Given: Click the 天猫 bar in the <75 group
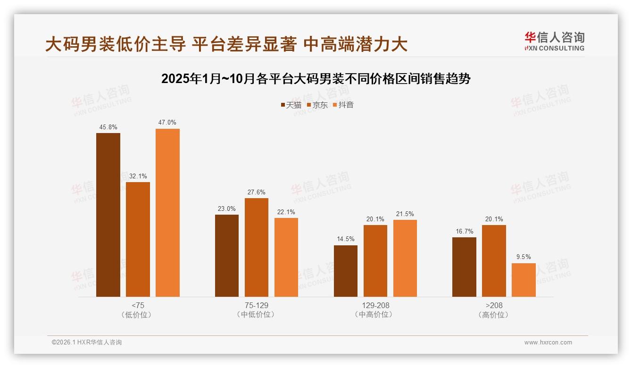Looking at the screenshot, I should (x=108, y=215).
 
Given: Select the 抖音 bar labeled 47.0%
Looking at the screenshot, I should (x=167, y=212).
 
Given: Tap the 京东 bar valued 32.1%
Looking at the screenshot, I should (x=138, y=239).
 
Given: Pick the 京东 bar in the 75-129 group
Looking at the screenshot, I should (x=257, y=247).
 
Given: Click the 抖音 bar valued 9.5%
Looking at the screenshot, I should (x=524, y=280).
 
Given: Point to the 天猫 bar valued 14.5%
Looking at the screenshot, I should (x=346, y=271).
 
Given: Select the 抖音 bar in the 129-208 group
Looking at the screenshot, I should (x=405, y=258).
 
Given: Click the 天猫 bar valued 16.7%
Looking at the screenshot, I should (x=464, y=267).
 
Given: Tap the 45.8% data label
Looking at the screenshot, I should (x=108, y=127).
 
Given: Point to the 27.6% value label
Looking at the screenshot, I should (x=257, y=192).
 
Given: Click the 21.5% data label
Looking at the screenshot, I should (x=405, y=214).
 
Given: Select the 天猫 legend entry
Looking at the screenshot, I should (x=291, y=105).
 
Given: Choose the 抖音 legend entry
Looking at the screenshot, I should (x=343, y=105).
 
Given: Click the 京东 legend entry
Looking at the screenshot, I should (x=317, y=105).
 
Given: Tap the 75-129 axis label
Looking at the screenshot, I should (x=257, y=305).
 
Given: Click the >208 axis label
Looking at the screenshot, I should (x=494, y=305).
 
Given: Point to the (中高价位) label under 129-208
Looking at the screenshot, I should (x=375, y=315).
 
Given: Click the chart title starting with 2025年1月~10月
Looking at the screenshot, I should (x=316, y=79).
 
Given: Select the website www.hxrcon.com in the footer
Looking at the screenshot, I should (x=548, y=343).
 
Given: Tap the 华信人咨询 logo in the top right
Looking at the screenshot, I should (x=554, y=42).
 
